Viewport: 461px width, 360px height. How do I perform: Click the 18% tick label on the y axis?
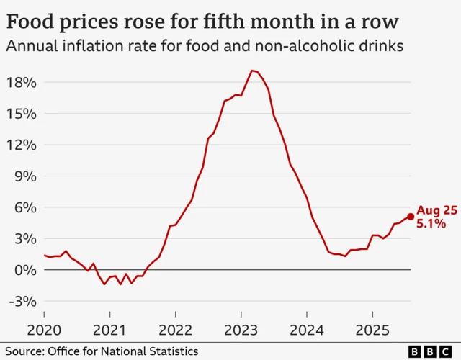[21, 82]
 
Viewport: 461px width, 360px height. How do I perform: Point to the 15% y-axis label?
[21, 114]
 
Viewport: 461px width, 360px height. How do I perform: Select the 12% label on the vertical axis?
[21, 145]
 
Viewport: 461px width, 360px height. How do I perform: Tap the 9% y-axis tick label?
[24, 176]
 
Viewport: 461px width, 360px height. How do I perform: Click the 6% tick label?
[24, 207]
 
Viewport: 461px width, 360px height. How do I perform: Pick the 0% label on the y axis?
[24, 270]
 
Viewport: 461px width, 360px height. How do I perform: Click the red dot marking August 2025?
[411, 216]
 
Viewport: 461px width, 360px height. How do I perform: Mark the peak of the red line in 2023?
[251, 71]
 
